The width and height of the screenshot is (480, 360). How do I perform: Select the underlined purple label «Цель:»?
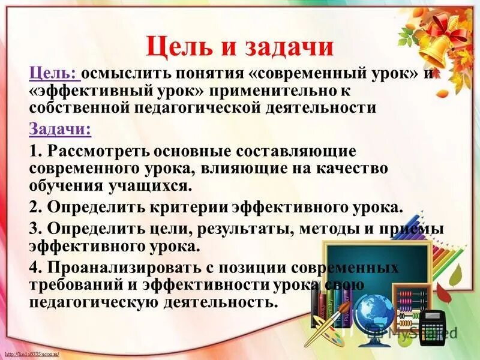click(x=53, y=74)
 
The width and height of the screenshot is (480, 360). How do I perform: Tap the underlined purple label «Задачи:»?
click(x=59, y=129)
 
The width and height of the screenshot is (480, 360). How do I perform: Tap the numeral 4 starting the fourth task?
click(x=34, y=267)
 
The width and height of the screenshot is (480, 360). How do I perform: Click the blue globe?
click(x=374, y=314)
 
